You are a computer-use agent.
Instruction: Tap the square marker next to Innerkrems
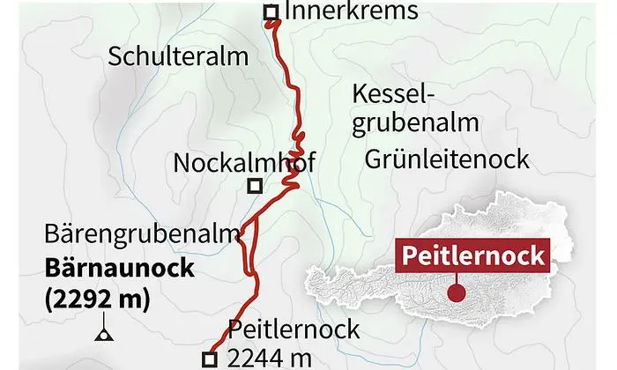(x=271, y=12)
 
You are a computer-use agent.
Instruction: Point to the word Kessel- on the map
(x=395, y=93)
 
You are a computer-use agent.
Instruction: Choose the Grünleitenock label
(x=446, y=159)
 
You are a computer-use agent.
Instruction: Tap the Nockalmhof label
(x=244, y=163)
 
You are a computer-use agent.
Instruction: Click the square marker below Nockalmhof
(x=254, y=186)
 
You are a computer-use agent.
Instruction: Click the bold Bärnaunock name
(x=119, y=268)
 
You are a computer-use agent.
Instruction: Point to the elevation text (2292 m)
(x=97, y=299)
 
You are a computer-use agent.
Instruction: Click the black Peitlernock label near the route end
(x=294, y=330)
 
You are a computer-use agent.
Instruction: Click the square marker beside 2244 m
(x=209, y=359)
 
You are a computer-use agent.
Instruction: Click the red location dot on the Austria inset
(x=455, y=292)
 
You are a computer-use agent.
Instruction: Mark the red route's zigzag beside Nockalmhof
(x=294, y=176)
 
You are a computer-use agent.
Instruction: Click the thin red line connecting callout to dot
(x=455, y=279)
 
